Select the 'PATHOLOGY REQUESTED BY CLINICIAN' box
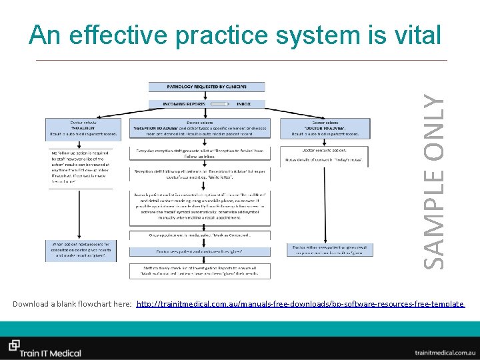[x=207, y=87]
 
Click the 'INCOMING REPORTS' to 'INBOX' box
[x=207, y=104]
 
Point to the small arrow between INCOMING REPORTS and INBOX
[x=217, y=104]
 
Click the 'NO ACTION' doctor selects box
[x=82, y=128]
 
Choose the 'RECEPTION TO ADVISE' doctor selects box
[x=207, y=128]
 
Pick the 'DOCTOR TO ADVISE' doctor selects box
[x=325, y=128]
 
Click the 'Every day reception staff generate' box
[x=207, y=154]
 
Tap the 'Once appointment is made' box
[x=207, y=235]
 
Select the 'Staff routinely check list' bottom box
[x=207, y=269]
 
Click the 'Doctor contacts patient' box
[x=325, y=155]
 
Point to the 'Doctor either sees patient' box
[x=325, y=249]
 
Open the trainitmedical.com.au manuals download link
[x=300, y=304]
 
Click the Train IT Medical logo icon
[x=14, y=345]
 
